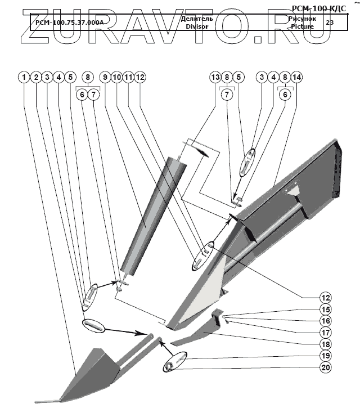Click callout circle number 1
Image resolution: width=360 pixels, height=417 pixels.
[24, 77]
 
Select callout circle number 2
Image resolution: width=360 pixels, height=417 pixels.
[35, 77]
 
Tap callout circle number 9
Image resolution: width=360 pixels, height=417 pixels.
[105, 77]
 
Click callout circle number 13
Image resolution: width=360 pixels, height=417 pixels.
[214, 77]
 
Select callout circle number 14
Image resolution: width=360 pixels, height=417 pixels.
[296, 77]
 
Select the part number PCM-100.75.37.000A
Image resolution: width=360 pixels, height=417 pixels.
[69, 23]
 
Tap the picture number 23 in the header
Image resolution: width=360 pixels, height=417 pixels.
[329, 23]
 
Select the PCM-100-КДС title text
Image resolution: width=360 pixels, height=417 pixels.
[322, 9]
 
